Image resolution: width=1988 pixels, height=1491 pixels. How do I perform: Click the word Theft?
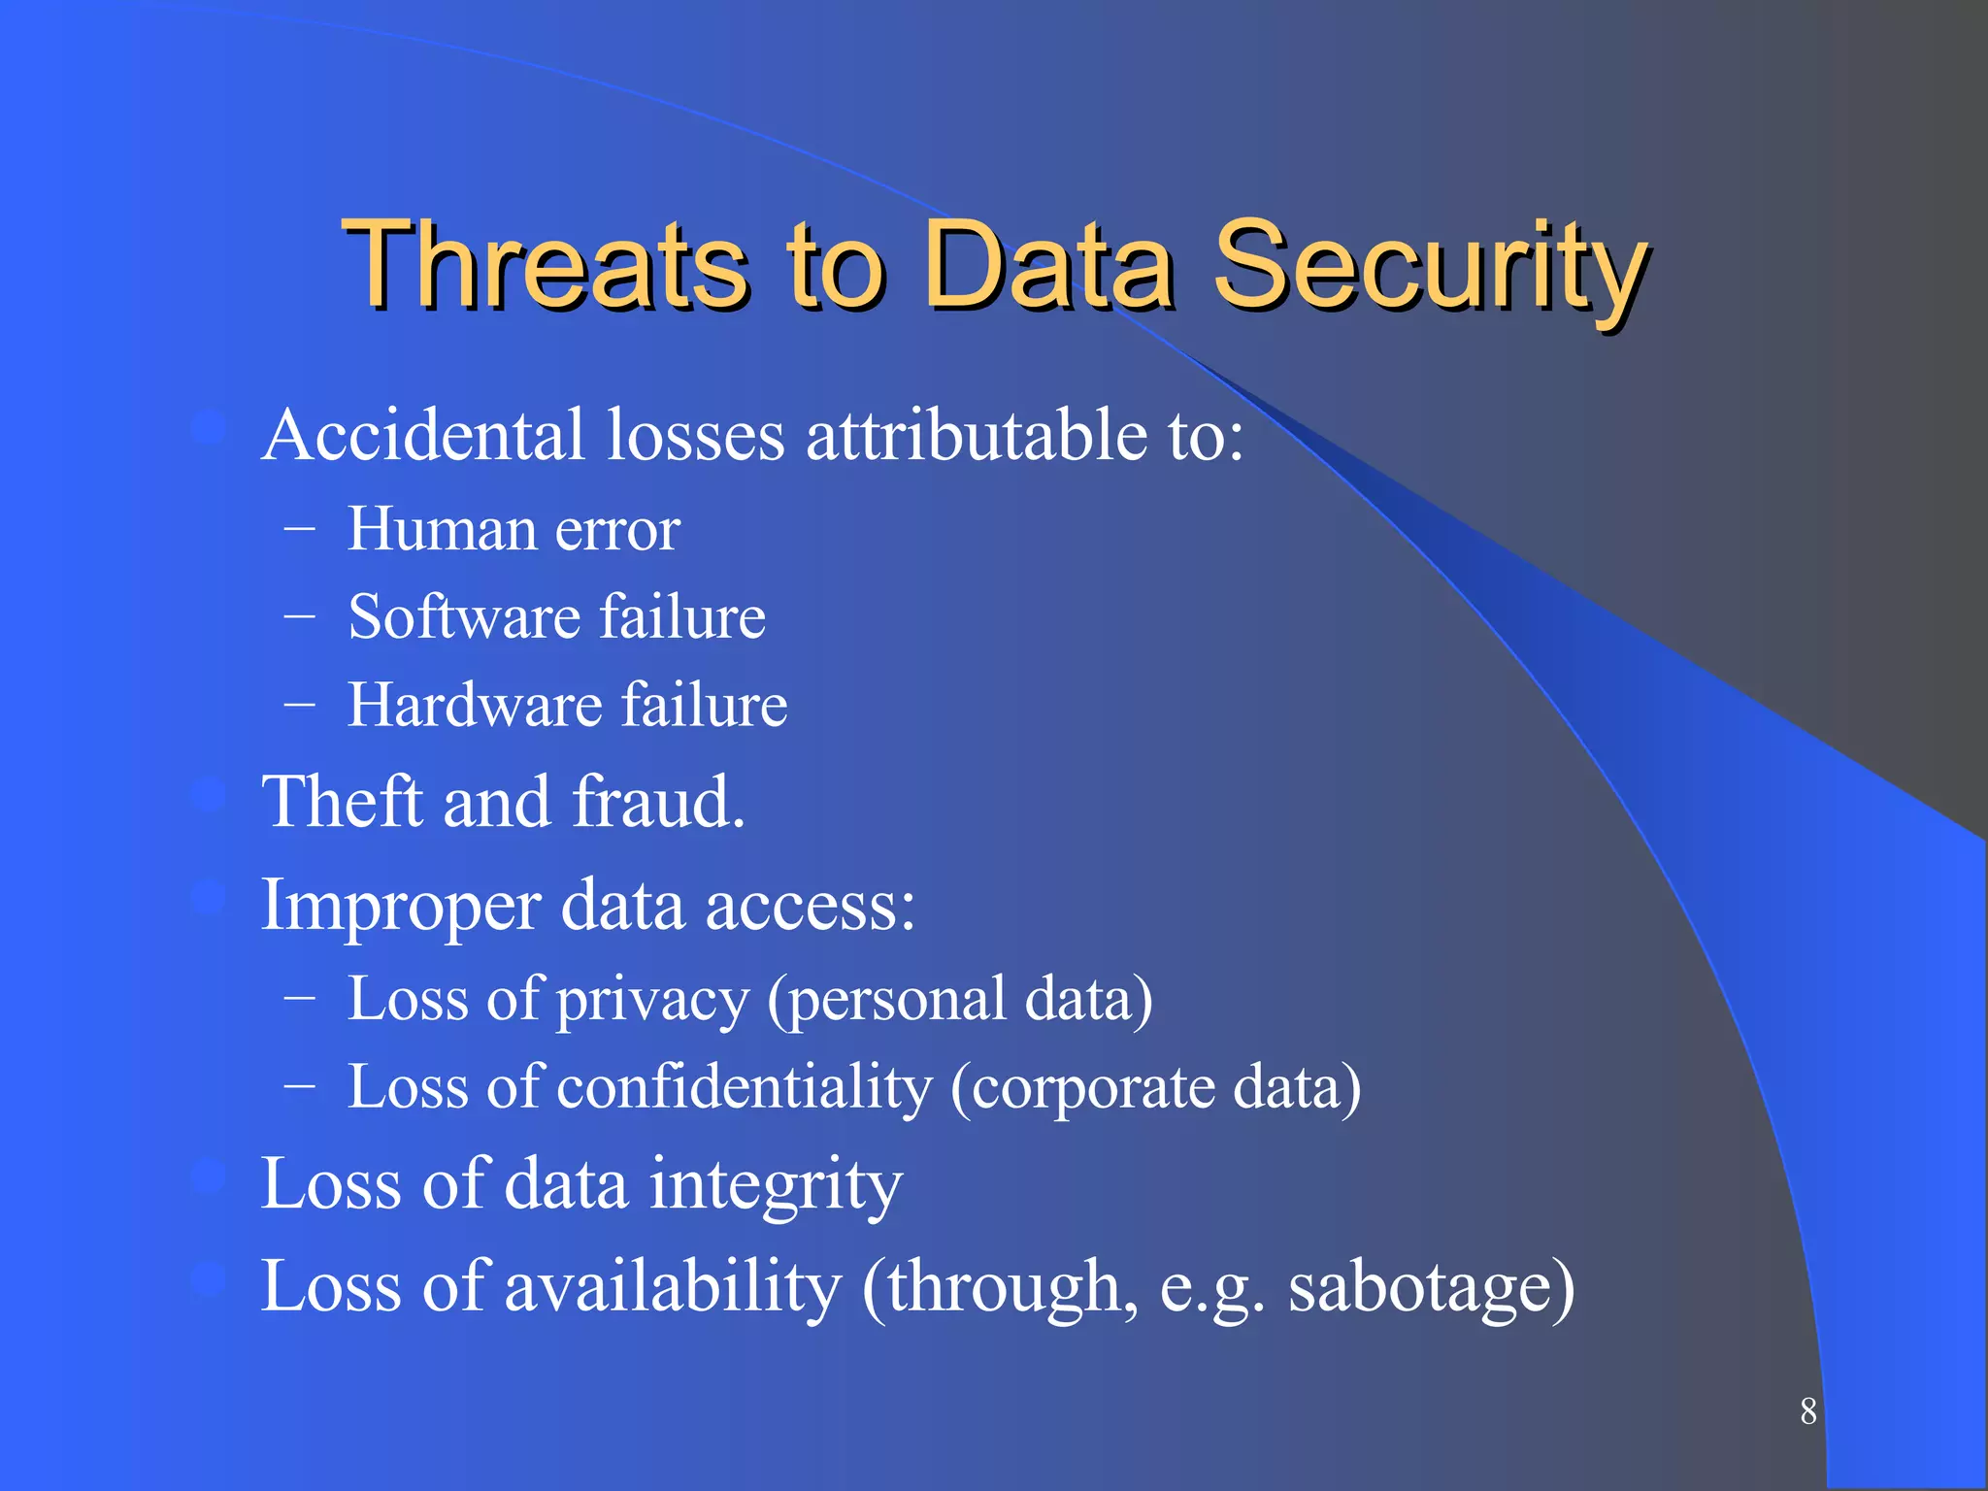point(344,802)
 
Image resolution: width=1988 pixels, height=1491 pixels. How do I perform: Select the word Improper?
point(401,907)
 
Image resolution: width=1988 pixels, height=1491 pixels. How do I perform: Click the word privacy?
point(652,1000)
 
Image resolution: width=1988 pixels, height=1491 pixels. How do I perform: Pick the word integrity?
point(776,1185)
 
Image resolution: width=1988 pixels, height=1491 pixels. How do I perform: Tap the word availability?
point(673,1287)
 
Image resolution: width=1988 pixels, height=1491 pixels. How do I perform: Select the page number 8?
point(1807,1411)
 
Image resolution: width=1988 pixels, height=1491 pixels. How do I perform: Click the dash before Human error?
point(299,529)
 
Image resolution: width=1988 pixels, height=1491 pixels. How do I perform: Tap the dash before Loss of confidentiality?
point(299,1087)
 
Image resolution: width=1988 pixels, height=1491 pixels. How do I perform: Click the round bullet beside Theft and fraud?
point(208,795)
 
